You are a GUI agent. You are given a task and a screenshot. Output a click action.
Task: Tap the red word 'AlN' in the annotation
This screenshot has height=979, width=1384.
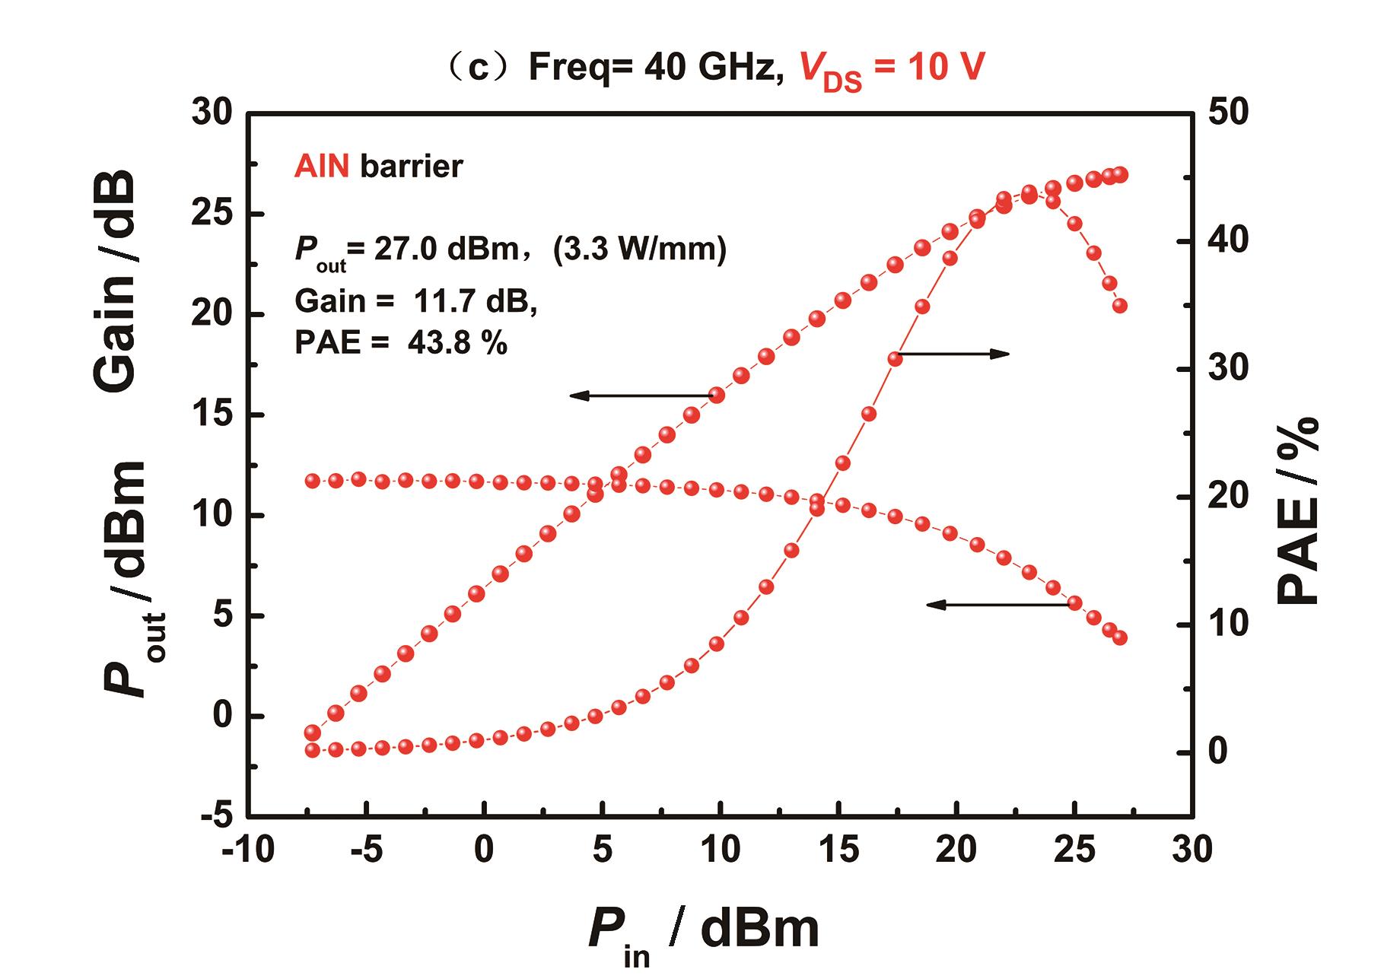(x=322, y=166)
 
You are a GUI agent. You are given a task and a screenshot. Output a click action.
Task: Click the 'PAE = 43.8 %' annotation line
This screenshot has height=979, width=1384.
(x=400, y=343)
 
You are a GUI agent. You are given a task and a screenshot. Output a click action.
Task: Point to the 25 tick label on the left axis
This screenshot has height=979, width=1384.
(x=211, y=214)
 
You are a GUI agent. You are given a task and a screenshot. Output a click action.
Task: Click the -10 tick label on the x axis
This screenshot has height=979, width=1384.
(x=247, y=850)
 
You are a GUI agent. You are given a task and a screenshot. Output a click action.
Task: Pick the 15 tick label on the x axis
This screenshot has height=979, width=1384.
(x=838, y=850)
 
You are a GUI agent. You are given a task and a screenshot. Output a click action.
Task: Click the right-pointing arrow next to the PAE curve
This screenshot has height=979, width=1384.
(x=955, y=354)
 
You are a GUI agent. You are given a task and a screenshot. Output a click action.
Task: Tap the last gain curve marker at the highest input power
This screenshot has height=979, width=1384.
(x=1119, y=637)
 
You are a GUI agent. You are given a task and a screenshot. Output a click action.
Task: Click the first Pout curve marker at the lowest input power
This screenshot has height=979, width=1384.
(x=312, y=733)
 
